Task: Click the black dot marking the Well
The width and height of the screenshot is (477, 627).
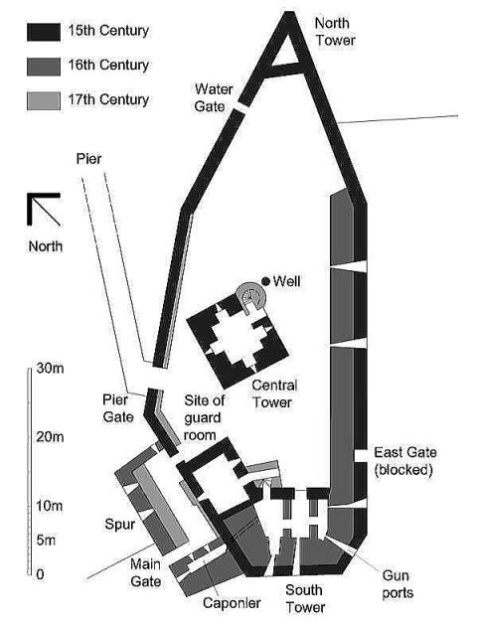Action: point(265,281)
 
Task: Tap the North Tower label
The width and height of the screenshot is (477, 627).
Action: point(335,32)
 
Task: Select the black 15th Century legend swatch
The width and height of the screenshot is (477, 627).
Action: point(44,32)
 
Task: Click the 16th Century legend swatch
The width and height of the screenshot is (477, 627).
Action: point(44,67)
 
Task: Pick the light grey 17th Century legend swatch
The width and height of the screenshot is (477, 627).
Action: point(44,100)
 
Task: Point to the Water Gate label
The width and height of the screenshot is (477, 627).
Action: point(214,97)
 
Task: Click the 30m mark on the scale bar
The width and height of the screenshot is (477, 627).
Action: point(50,368)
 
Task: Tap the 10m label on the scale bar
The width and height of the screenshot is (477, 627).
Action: point(50,506)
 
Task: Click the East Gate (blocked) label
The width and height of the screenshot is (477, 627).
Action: point(404,461)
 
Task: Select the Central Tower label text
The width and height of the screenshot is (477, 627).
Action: point(274,393)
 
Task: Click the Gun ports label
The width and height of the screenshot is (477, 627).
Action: point(397,584)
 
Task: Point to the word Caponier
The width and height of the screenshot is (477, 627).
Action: point(232,603)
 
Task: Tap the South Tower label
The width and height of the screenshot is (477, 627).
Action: point(305,598)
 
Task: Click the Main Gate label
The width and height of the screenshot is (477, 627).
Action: point(145,572)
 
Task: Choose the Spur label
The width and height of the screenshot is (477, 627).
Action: point(119,525)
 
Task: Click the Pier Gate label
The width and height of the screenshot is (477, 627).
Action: point(118,408)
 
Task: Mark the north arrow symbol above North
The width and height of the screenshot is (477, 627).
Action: point(44,209)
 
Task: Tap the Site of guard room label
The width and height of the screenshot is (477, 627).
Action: point(204,417)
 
